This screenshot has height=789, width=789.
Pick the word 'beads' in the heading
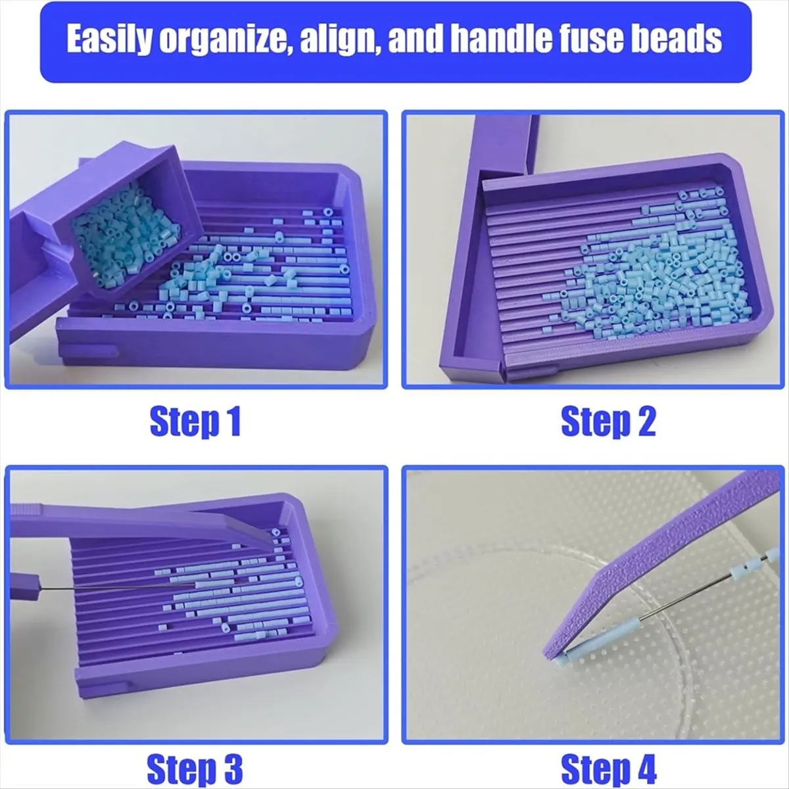pos(684,40)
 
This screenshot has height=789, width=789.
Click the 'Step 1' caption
pos(195,421)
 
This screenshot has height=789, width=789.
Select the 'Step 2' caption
pos(608,421)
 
